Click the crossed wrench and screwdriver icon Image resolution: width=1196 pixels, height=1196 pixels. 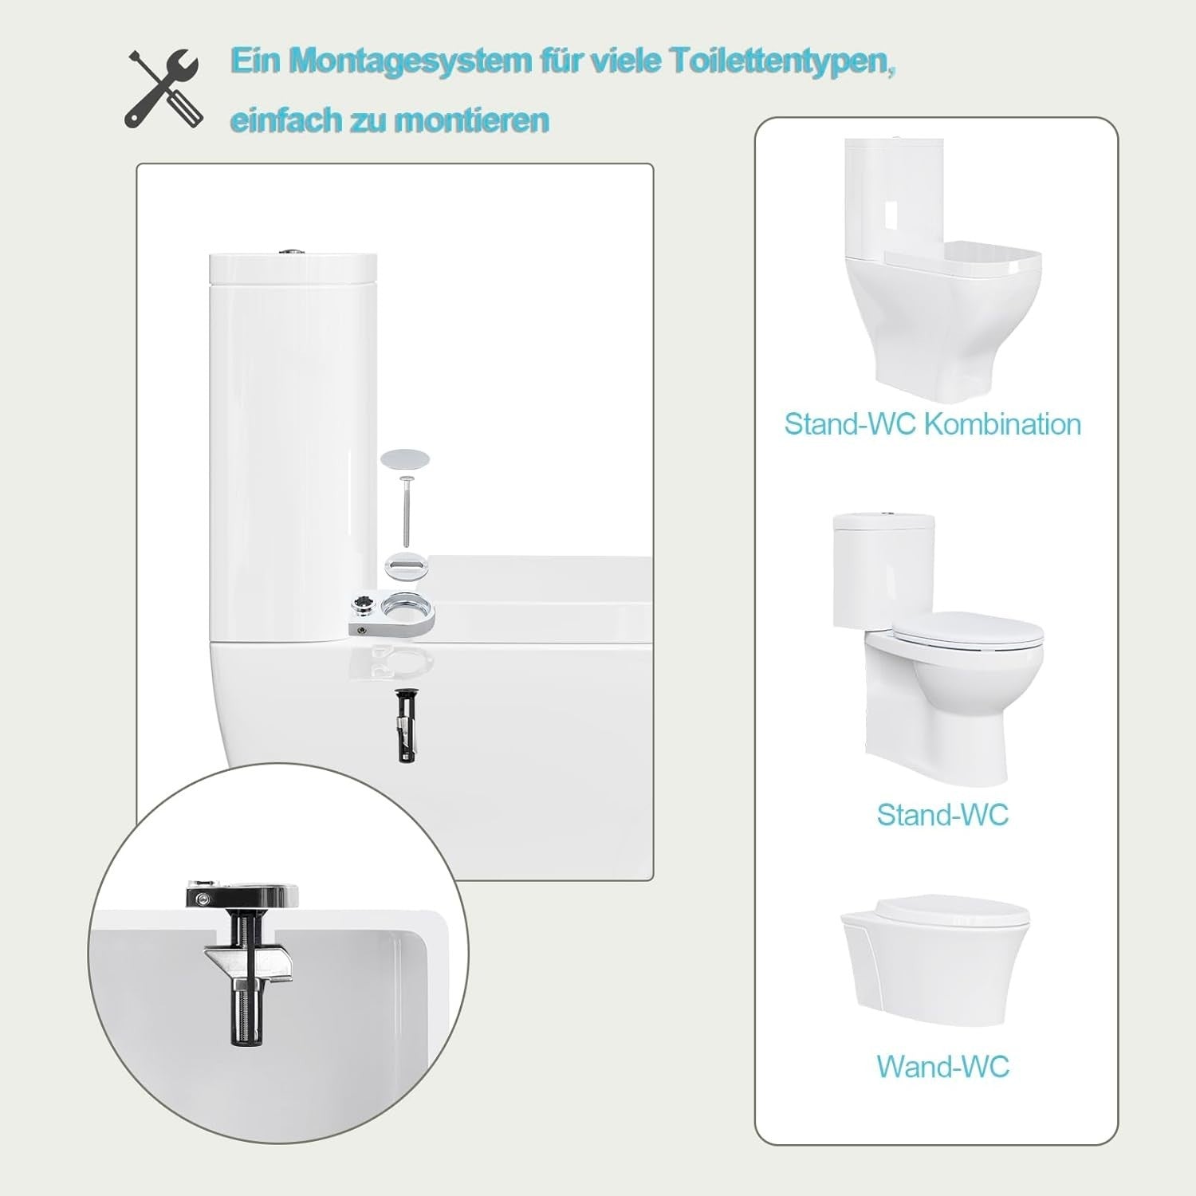(x=165, y=88)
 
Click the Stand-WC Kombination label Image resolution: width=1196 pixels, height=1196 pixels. (x=933, y=424)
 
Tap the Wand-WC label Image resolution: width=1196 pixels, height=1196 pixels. (x=943, y=1067)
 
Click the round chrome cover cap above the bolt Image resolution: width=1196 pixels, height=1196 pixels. (x=405, y=458)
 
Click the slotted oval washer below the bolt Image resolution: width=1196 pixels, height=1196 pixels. (x=406, y=565)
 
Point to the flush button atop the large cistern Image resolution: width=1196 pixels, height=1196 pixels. (x=290, y=254)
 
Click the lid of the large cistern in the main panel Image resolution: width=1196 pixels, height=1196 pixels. (x=292, y=269)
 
